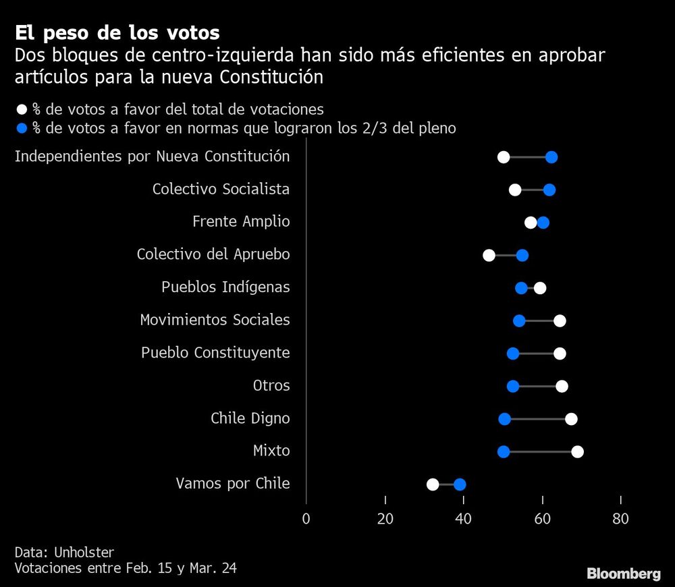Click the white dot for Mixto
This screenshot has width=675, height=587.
(x=577, y=451)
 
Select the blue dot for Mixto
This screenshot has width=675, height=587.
(x=504, y=451)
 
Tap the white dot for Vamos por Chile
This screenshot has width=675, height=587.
(x=433, y=484)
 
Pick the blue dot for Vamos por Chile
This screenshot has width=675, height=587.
(x=460, y=484)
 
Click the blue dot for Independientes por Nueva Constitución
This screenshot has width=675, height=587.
(x=551, y=157)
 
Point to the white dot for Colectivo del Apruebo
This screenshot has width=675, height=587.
(x=489, y=255)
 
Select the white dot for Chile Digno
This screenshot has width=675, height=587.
(x=571, y=419)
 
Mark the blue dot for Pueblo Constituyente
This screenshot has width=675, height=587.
(x=513, y=354)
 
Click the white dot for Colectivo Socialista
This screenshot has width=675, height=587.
(x=515, y=190)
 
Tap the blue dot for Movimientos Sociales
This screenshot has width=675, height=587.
(x=519, y=320)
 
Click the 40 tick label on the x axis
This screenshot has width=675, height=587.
(x=464, y=519)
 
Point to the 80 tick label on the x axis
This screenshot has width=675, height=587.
(x=620, y=519)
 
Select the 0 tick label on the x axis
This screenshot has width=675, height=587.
(x=306, y=519)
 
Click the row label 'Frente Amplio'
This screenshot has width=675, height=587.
(x=241, y=222)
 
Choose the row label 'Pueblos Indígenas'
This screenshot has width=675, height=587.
(x=225, y=287)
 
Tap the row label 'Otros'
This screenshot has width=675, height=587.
(x=271, y=386)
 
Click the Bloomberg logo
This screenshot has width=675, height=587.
(x=623, y=574)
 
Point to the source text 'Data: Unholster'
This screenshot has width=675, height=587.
(x=64, y=552)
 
